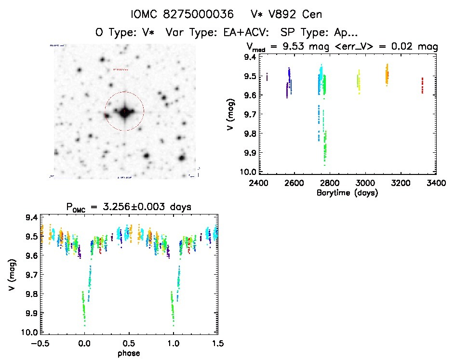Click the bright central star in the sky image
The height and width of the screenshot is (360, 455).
tap(124, 112)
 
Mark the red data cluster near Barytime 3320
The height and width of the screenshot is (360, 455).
tap(422, 85)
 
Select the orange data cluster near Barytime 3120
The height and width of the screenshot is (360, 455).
tap(387, 74)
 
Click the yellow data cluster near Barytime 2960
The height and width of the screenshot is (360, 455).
tap(358, 81)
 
